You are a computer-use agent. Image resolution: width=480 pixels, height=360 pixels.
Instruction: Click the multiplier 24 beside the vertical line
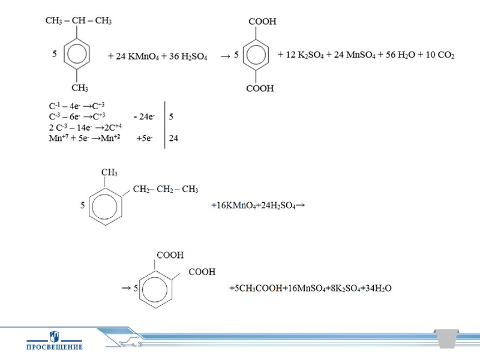[x=174, y=139]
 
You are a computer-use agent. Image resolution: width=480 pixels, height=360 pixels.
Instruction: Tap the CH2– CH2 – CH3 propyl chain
[x=165, y=190]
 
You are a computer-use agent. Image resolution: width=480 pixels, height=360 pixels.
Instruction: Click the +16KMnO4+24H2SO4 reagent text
[x=259, y=205]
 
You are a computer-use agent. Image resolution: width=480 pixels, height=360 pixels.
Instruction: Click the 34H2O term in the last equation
[x=379, y=289]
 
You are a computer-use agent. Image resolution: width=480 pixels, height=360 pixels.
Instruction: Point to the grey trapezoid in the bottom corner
[x=446, y=339]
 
